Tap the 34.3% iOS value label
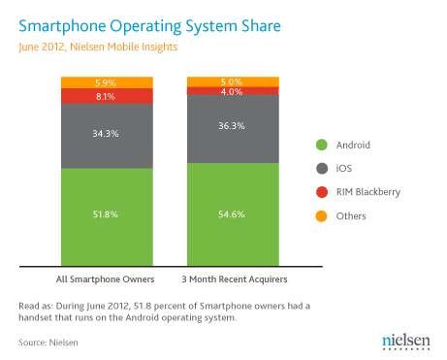tap(107, 132)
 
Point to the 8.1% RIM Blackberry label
tap(107, 97)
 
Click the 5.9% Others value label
tap(107, 82)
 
